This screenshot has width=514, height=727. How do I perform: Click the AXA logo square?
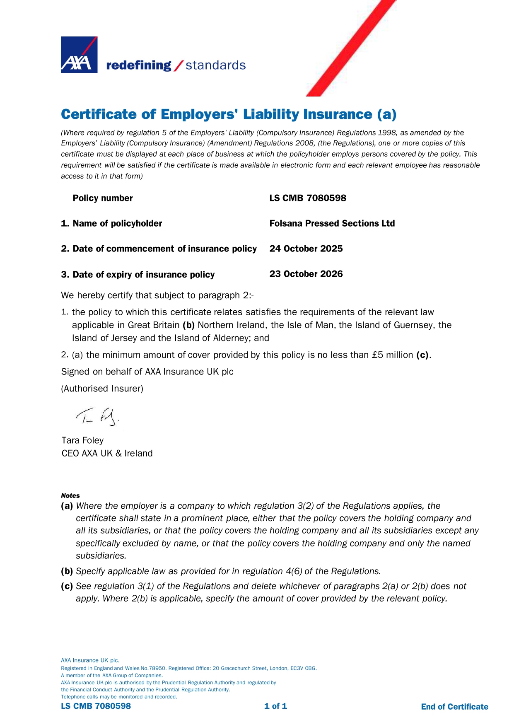[x=79, y=55]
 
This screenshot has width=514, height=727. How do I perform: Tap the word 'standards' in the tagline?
[x=215, y=65]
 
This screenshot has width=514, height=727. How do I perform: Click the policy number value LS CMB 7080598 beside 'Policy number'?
[x=307, y=198]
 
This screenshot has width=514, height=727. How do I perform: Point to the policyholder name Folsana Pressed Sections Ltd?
[x=332, y=223]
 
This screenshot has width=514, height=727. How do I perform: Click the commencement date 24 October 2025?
[x=306, y=249]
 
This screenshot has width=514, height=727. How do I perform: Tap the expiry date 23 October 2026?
[x=306, y=274]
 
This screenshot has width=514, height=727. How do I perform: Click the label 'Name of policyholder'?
[x=117, y=223]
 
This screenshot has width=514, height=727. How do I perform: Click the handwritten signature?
[x=98, y=416]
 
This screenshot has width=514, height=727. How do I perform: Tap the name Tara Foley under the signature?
[x=82, y=440]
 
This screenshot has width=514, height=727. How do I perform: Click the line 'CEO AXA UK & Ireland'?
[x=107, y=453]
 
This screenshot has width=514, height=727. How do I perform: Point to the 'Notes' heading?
[x=70, y=495]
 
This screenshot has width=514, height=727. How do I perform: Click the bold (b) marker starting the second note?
[x=67, y=571]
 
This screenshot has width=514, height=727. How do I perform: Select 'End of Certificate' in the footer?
[x=454, y=707]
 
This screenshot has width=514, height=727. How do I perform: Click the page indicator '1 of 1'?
[x=275, y=706]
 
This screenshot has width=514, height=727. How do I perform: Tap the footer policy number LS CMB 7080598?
[x=96, y=706]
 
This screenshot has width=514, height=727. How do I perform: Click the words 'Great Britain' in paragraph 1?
[x=153, y=325]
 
